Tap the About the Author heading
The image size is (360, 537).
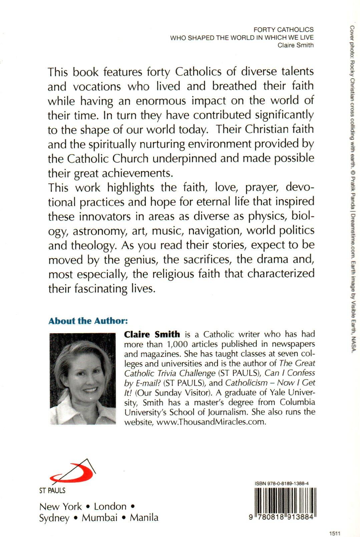coord(88,321)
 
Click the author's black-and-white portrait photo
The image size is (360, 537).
coord(82,379)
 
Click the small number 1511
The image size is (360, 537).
coord(334,533)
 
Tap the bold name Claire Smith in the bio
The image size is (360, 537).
coord(152,334)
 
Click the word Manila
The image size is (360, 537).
coord(144,518)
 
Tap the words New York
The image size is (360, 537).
coord(60,506)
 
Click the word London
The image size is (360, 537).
coord(110,506)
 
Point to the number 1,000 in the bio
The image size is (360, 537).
coord(178,344)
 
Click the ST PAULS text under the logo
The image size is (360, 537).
coord(52,490)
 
